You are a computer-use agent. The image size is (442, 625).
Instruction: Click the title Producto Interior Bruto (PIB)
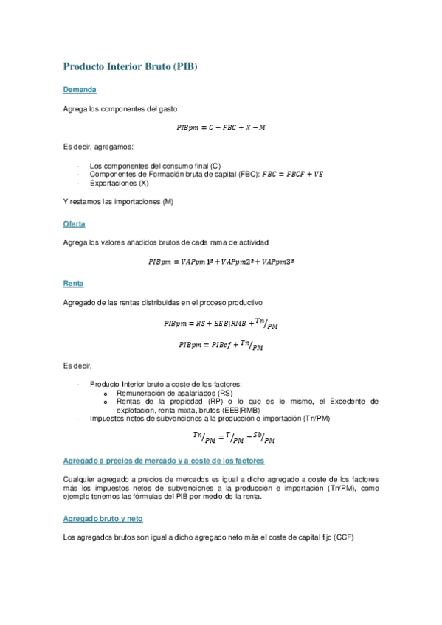click(131, 66)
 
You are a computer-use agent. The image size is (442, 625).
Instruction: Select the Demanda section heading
click(80, 90)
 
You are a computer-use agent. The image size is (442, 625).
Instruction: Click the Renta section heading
click(74, 283)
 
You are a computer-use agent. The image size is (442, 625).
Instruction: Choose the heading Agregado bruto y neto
click(103, 518)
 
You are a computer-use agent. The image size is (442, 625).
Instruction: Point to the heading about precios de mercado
click(164, 460)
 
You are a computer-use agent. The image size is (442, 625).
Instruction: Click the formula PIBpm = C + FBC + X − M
click(221, 128)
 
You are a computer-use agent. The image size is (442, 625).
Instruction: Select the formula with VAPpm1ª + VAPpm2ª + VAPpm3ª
click(221, 261)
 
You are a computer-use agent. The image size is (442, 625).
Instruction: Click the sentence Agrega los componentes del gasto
click(120, 108)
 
